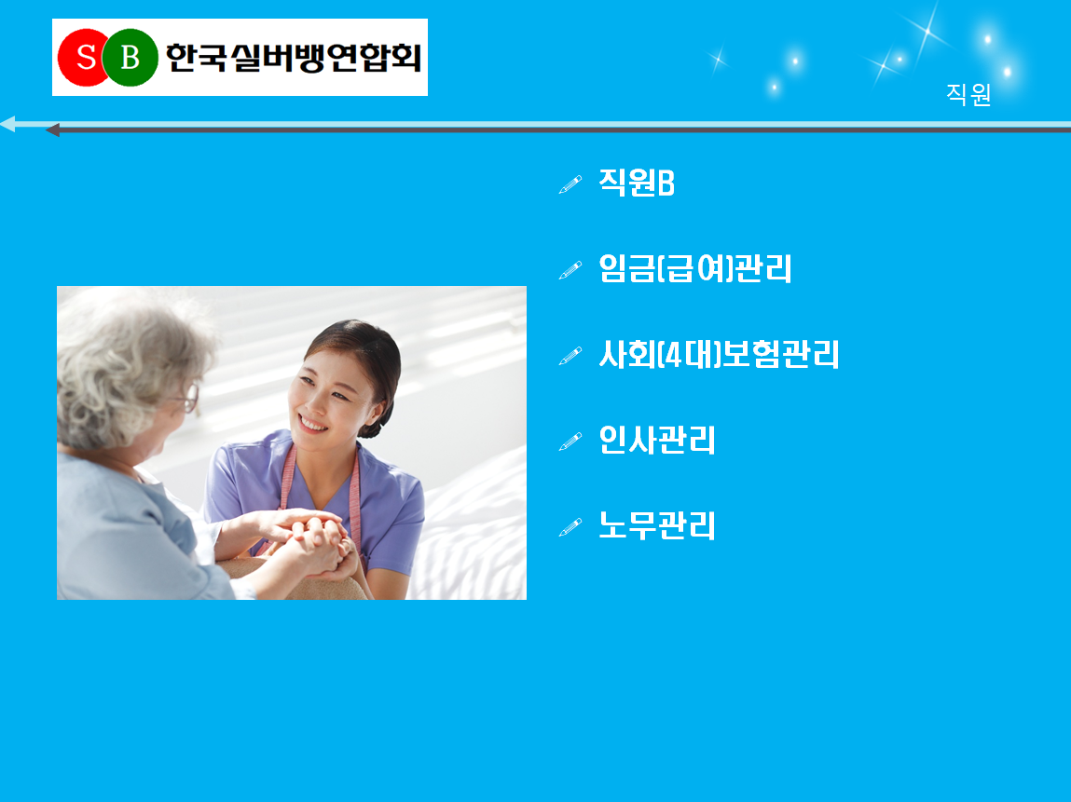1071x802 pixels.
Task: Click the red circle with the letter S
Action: coord(83,58)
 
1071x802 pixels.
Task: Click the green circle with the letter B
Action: coord(130,58)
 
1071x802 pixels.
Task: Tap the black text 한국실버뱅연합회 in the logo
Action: coord(294,58)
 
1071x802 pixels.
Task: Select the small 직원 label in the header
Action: coord(968,94)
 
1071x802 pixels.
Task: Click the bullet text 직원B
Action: coord(637,183)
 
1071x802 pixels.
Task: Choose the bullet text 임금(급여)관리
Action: coord(695,268)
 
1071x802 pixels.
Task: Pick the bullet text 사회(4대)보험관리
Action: coord(719,354)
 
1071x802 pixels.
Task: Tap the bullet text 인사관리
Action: coord(656,441)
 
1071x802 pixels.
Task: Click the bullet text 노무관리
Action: coord(656,525)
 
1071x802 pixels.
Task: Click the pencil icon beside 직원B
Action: coord(570,184)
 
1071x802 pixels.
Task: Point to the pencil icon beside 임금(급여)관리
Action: coord(570,270)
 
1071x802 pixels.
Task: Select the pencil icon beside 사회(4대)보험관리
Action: coord(570,356)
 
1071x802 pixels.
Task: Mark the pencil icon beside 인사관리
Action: coord(570,442)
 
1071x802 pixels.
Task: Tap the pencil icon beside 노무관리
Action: coord(570,527)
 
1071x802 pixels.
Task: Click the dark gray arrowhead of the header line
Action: coord(52,129)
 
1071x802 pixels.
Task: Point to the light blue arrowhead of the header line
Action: coord(7,124)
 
